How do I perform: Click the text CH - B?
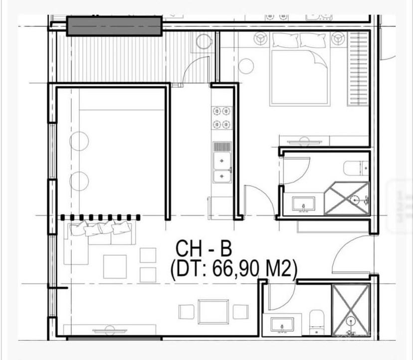point(204,248)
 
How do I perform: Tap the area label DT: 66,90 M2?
point(234,269)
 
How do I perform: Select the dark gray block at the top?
point(114,26)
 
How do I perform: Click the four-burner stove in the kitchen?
point(221,118)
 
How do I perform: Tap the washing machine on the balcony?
point(204,41)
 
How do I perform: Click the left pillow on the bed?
point(285,40)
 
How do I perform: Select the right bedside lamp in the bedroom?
point(338,39)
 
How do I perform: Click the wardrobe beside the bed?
point(358,69)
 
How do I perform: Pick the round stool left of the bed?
point(246,66)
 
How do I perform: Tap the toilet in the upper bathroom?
point(356,168)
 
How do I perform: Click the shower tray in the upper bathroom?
point(347,198)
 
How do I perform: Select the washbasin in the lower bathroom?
point(282,325)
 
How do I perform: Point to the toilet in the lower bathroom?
point(316,322)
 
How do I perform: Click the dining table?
point(213,312)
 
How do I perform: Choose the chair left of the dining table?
point(187,312)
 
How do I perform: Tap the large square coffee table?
point(115,266)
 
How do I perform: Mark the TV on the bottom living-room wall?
point(110,330)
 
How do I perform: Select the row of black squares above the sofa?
point(100,217)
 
